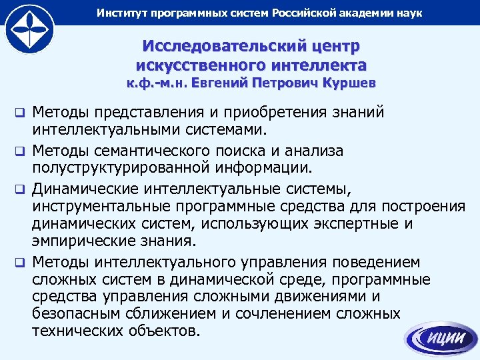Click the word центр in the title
tap(337, 48)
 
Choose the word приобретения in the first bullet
tap(259, 111)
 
